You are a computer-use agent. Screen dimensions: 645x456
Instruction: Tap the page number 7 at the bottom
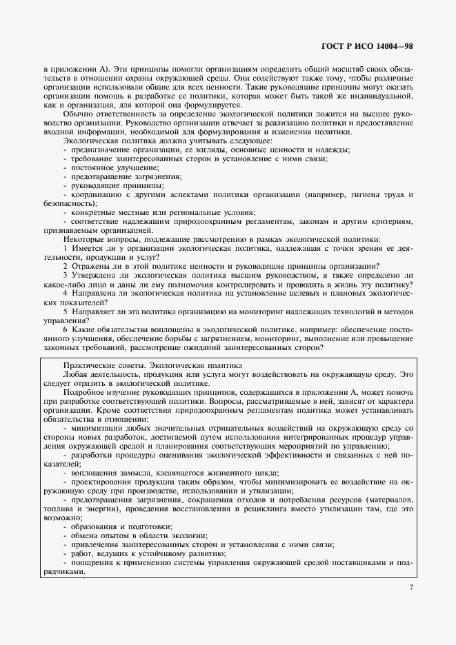click(411, 586)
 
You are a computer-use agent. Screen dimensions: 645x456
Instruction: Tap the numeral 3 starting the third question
click(65, 275)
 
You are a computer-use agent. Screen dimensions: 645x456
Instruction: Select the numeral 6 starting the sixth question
click(65, 329)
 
